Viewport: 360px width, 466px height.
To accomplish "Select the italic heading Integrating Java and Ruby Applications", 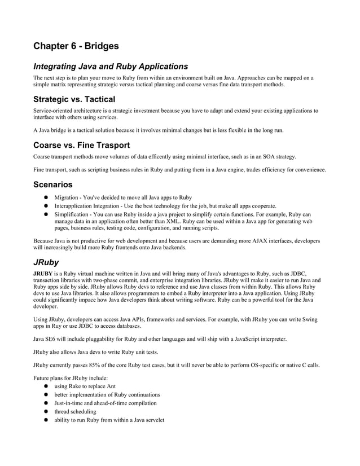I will (110, 67).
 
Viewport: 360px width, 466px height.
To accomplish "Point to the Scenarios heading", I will (52, 184).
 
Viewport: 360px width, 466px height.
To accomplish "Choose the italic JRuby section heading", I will (46, 262).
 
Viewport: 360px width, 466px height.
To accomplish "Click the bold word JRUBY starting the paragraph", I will (44, 274).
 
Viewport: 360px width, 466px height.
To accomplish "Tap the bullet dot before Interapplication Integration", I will (46, 206).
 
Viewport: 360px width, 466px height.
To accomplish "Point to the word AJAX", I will (258, 241).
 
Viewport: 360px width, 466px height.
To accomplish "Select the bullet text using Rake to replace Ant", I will (85, 386).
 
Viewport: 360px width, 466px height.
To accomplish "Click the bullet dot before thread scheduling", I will (46, 411).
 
